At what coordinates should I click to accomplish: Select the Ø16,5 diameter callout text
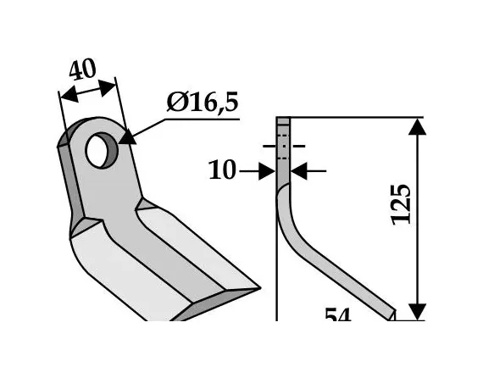[203, 103]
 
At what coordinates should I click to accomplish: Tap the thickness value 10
[222, 172]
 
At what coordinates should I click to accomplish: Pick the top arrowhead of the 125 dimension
[416, 128]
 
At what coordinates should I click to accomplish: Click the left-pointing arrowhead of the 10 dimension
[299, 172]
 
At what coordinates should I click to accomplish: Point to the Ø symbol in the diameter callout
[177, 104]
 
